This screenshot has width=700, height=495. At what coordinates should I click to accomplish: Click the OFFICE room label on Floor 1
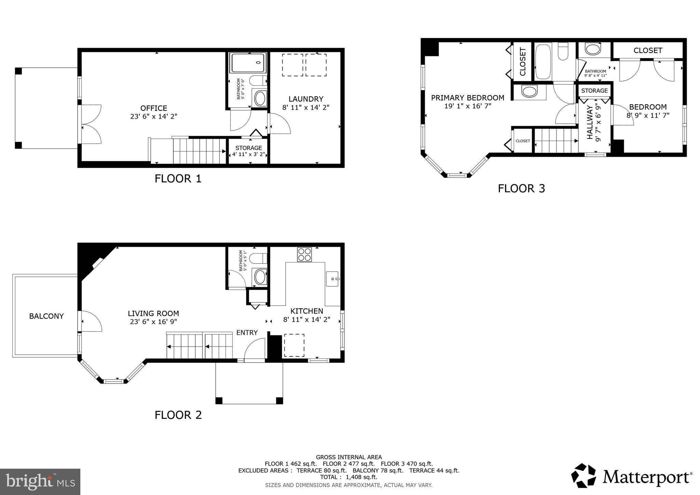click(153, 108)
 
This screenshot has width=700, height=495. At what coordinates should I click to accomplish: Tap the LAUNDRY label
click(306, 99)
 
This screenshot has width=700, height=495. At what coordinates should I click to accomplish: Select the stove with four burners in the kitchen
click(304, 254)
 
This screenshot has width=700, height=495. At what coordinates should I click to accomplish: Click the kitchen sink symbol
click(332, 279)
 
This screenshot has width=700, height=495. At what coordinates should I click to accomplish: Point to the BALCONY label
click(46, 316)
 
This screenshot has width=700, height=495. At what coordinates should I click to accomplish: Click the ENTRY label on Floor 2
click(247, 333)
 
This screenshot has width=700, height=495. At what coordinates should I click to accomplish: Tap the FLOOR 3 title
click(521, 188)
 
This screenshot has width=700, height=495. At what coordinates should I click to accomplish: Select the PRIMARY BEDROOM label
click(467, 98)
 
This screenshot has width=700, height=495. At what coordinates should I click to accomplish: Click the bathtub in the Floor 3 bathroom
click(543, 62)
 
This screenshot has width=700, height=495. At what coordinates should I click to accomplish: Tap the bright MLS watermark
click(40, 482)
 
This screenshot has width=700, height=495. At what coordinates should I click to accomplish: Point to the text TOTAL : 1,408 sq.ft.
click(349, 477)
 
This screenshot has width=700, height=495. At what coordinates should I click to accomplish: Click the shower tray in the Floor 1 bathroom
click(248, 63)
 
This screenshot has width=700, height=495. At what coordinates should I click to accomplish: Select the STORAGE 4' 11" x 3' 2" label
click(248, 151)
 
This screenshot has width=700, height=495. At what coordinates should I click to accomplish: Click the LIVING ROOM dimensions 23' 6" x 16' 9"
click(153, 322)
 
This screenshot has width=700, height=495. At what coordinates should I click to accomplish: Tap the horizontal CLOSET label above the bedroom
click(648, 51)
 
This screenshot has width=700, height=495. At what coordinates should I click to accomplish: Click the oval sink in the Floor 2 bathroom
click(260, 277)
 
